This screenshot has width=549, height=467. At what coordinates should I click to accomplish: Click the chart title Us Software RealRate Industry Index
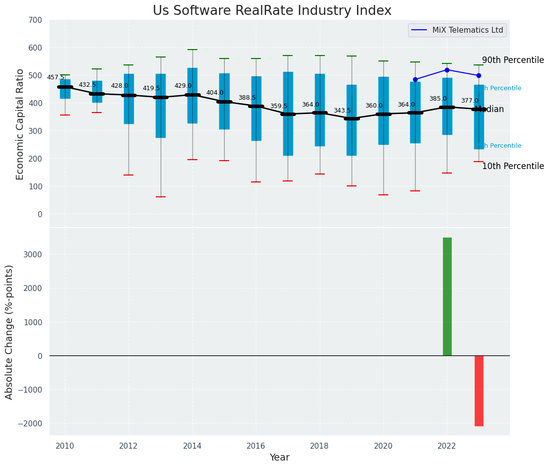coord(272,11)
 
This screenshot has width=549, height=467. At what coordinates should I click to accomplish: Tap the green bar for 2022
coord(447,296)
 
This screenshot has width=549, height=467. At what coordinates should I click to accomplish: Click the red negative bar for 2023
coord(479,391)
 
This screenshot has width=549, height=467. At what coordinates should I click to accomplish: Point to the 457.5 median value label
coord(56,77)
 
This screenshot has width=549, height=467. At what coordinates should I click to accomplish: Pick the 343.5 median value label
coord(342,111)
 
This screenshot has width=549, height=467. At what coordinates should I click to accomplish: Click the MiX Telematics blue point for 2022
coord(447,70)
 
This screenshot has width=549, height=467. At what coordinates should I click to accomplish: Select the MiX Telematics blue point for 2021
coord(415,79)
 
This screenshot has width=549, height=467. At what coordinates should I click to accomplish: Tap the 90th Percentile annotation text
coord(513,60)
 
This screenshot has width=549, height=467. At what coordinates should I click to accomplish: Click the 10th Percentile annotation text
coord(513,166)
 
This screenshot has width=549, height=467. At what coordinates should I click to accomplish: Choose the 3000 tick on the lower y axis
coord(32,255)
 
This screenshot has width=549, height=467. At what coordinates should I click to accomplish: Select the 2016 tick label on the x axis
coord(256,446)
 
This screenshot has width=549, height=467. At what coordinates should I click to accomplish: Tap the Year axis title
coord(279,458)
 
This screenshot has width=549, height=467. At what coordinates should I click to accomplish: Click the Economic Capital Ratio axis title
coord(20,124)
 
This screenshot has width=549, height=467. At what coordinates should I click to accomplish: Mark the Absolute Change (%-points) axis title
coord(9,332)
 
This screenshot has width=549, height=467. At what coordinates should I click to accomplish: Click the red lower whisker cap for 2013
coord(160,197)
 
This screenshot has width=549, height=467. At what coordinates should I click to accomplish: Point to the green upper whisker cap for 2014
coord(192,50)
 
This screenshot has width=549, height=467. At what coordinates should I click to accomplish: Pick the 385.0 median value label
coord(438,99)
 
